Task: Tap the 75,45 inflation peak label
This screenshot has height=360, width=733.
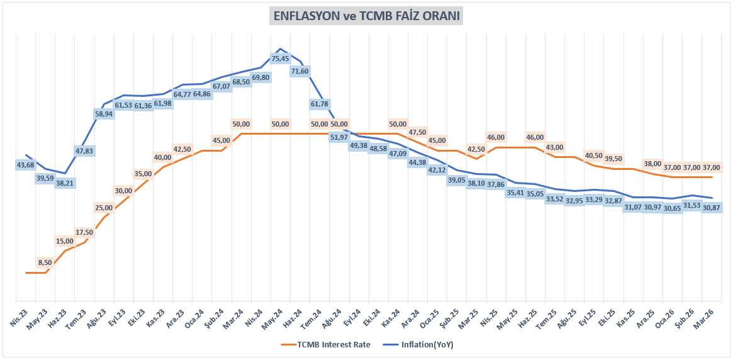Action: click(x=280, y=59)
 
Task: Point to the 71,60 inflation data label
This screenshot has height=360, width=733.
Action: click(x=299, y=71)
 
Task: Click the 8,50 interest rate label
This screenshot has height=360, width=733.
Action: click(x=45, y=262)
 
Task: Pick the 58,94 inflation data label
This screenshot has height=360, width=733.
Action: click(x=104, y=114)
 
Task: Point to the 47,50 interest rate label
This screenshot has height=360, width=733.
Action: click(x=418, y=132)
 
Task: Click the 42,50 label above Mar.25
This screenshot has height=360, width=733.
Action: click(x=476, y=149)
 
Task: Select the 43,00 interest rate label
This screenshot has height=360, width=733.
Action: click(x=554, y=147)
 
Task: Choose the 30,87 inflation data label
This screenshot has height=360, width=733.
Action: click(x=711, y=208)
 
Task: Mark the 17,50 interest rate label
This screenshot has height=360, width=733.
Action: click(x=84, y=232)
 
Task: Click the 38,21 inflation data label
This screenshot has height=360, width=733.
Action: click(x=64, y=184)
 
